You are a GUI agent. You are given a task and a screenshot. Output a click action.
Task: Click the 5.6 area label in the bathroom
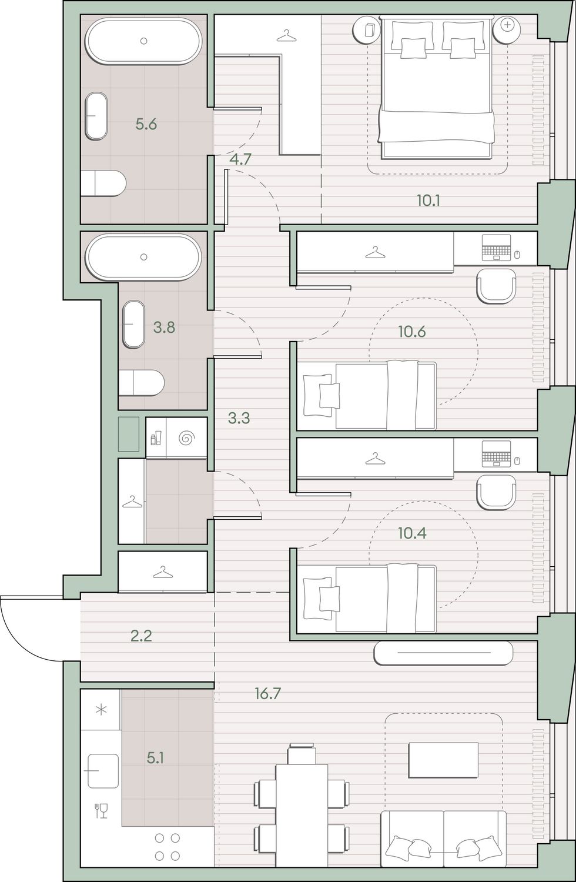tap(146, 125)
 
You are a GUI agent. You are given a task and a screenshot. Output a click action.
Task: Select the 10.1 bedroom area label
tap(428, 201)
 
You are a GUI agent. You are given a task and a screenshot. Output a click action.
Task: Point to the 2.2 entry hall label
tap(141, 636)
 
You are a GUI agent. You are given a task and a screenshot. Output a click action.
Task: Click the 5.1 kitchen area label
tap(156, 758)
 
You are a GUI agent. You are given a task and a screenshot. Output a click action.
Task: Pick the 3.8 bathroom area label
tap(164, 327)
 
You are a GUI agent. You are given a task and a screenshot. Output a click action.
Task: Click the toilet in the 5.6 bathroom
tap(103, 183)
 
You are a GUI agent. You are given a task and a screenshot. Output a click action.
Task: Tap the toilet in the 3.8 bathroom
tap(141, 383)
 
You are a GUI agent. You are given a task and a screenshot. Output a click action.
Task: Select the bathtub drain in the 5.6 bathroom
tap(143, 41)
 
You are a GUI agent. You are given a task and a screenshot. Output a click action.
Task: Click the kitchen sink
tap(103, 770)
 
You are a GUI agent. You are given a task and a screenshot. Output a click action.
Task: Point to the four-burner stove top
tap(168, 847)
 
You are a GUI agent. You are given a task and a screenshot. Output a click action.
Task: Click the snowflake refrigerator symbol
tap(102, 710)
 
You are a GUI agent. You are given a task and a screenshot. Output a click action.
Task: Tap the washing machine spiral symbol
tap(186, 438)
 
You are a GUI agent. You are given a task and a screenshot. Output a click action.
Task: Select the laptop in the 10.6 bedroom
tap(496, 248)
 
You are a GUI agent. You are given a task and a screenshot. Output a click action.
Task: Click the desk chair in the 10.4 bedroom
tap(496, 492)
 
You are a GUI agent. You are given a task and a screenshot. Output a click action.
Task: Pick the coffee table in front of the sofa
tap(444, 760)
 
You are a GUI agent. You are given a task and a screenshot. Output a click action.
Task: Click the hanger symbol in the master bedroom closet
tap(286, 36)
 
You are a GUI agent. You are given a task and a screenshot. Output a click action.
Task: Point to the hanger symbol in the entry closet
tap(163, 572)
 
